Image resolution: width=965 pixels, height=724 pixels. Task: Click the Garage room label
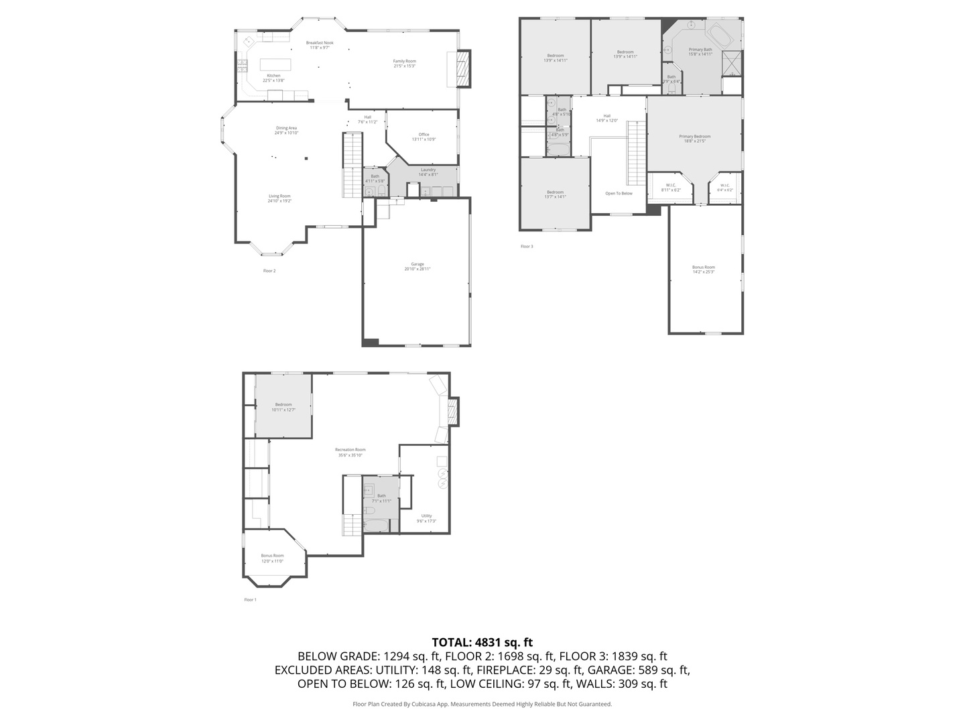click(x=417, y=266)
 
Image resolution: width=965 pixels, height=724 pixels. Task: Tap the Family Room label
click(x=404, y=63)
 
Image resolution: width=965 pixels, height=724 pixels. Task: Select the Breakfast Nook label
click(x=320, y=45)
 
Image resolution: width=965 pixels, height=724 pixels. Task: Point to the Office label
click(x=424, y=137)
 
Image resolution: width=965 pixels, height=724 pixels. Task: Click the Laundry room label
click(x=428, y=172)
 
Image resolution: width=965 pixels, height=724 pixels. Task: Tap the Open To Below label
click(x=619, y=193)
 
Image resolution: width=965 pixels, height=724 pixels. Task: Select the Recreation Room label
click(x=350, y=452)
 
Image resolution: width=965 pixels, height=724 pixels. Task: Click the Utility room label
click(x=426, y=518)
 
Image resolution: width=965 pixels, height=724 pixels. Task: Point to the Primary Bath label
click(x=700, y=52)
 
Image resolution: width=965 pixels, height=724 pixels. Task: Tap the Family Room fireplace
click(x=462, y=69)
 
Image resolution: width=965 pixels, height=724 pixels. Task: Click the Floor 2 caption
click(x=269, y=271)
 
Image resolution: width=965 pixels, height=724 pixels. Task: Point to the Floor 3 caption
click(x=527, y=247)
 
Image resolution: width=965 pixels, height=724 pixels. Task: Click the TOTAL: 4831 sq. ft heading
click(x=482, y=642)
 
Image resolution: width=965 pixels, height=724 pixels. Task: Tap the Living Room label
click(x=279, y=198)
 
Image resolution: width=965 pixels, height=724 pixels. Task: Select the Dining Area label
click(x=286, y=130)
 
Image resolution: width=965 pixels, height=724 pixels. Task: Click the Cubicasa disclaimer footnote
click(x=482, y=704)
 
